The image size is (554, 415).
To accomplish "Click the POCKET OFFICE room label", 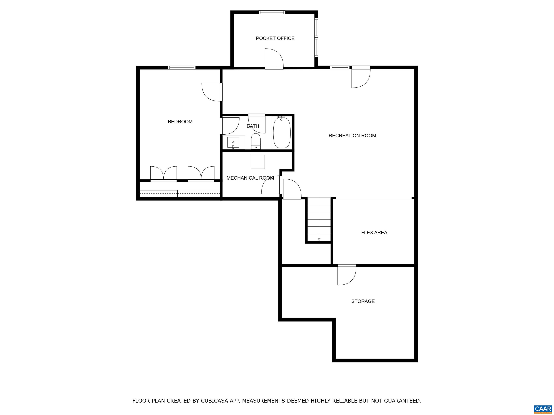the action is (275, 38).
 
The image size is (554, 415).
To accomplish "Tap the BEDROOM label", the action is (180, 122).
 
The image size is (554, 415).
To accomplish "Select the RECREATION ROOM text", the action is (352, 136).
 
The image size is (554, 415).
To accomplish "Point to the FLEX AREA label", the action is (374, 233).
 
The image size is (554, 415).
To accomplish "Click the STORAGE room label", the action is (363, 301).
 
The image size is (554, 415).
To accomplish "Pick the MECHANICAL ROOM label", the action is (250, 178).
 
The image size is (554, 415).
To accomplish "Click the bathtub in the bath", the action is (282, 132).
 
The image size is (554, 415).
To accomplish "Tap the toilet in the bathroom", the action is (256, 141).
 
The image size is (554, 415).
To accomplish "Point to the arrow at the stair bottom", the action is (319, 240).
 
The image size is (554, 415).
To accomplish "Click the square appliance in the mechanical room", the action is (258, 162).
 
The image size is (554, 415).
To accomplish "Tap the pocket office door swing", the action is (274, 58).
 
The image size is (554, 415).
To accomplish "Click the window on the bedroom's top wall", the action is (182, 68).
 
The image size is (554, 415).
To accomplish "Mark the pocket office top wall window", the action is (272, 12).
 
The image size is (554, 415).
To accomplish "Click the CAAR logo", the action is (543, 409).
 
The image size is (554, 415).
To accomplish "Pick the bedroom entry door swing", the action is (212, 92).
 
